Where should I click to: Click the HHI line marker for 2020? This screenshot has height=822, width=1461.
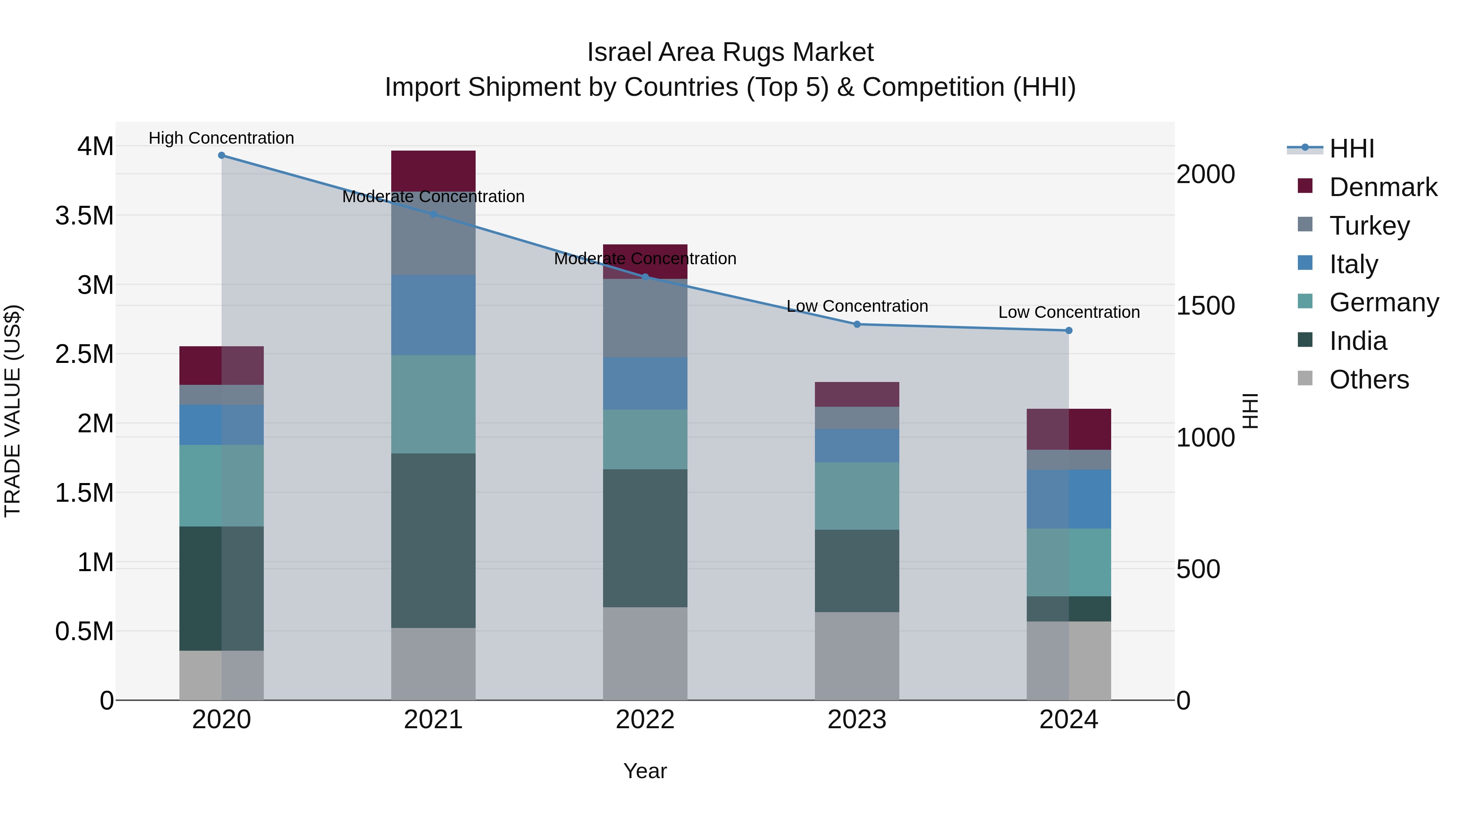(221, 155)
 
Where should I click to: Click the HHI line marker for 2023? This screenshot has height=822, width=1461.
(857, 324)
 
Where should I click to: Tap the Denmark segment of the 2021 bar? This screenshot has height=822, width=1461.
(433, 170)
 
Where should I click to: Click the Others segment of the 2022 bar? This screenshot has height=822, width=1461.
(645, 654)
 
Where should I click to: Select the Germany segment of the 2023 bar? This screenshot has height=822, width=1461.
(857, 496)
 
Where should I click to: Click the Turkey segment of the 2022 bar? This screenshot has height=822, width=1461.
(645, 318)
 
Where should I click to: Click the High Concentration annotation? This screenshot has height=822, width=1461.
(221, 138)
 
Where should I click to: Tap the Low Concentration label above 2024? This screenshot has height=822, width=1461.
(1069, 312)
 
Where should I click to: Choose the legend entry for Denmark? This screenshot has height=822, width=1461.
(1383, 187)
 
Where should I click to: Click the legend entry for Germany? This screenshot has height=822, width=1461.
(1384, 302)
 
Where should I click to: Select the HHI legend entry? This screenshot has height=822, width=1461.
(1351, 149)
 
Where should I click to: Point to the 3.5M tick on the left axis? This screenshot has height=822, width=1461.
(84, 216)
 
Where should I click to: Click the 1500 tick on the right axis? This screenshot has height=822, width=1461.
(1205, 306)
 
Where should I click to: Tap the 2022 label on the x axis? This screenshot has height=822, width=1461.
(645, 720)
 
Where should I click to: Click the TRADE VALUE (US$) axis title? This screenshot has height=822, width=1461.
(13, 411)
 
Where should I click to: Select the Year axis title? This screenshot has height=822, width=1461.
(645, 771)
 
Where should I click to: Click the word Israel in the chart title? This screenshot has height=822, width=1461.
(614, 52)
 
